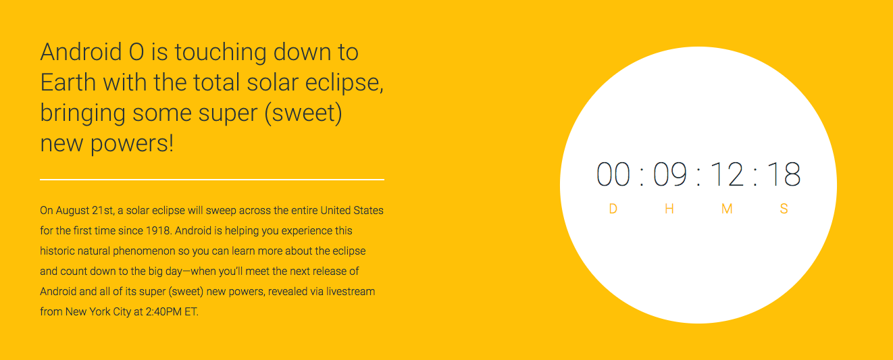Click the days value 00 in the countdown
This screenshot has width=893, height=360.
point(613,174)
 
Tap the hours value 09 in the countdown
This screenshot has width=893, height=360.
point(670,174)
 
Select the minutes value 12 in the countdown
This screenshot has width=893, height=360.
point(727,174)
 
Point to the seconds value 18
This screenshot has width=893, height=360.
point(784,174)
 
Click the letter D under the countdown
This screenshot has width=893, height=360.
point(613,209)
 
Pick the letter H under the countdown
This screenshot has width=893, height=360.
point(669,209)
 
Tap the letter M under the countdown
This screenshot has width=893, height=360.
point(727,209)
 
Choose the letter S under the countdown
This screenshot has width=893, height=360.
point(784,209)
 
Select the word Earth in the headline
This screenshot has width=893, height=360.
point(68,82)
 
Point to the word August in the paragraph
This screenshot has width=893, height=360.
point(72,211)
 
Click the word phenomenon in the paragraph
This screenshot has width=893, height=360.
point(144,251)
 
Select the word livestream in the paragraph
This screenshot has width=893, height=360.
point(351,291)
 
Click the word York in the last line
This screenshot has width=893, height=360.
point(100,312)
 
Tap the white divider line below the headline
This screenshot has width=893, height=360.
point(212,180)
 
